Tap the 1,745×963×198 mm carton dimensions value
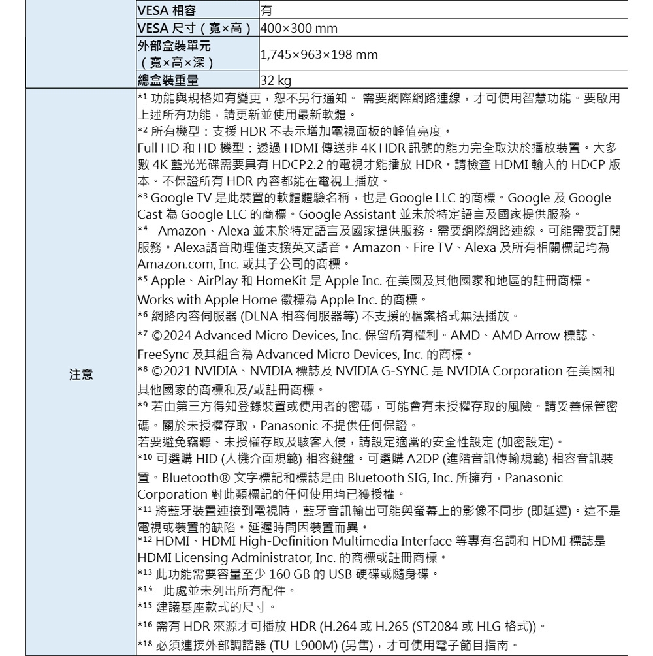click(x=319, y=55)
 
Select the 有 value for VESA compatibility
click(x=266, y=10)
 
